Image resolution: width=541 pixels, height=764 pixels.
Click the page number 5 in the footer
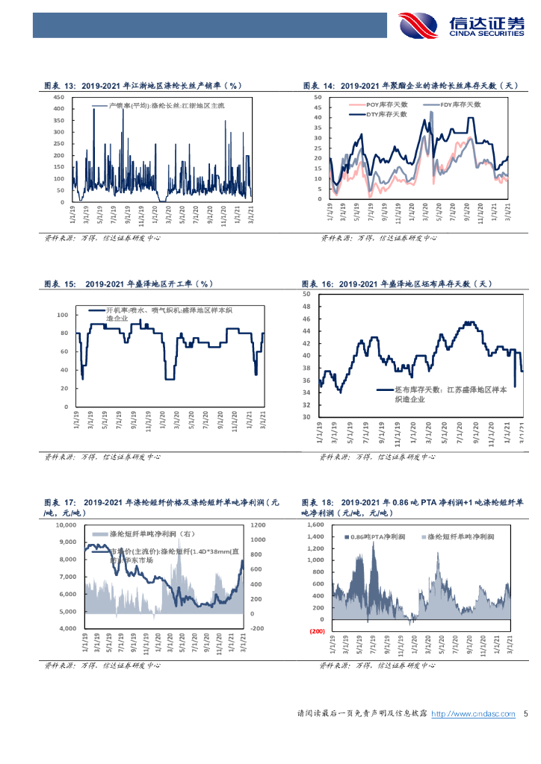click(526, 714)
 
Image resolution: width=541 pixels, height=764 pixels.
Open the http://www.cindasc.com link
click(474, 714)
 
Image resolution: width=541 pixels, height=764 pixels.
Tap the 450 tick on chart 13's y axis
click(59, 97)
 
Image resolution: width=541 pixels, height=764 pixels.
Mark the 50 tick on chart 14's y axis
click(318, 97)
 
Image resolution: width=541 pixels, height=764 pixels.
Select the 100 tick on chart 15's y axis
click(62, 314)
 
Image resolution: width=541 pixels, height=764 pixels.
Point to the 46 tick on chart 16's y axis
click(306, 319)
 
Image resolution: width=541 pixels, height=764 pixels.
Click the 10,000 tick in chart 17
click(67, 525)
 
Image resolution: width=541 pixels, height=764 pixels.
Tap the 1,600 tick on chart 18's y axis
click(312, 525)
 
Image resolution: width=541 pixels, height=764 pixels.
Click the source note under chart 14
click(379, 238)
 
